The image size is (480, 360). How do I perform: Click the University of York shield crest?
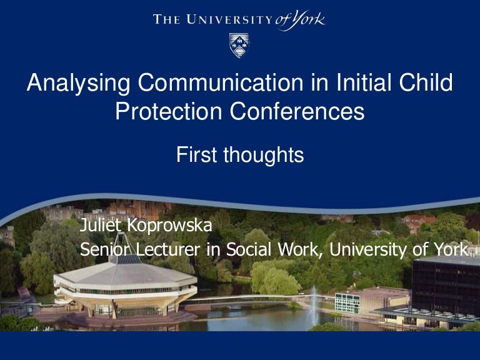coord(239,46)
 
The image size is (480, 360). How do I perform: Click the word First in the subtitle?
coord(197,154)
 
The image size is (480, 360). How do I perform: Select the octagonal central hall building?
coord(125,287)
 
